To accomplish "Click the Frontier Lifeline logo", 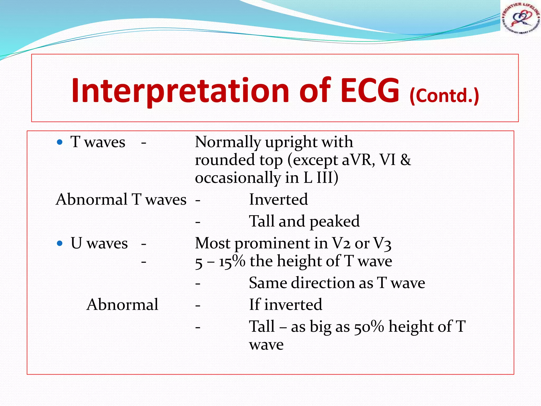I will pos(520,18).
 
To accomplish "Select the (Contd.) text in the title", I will pos(444,96).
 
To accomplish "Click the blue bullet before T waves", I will pos(60,142).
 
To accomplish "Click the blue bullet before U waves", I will pos(60,243).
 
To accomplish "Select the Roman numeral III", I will pos(324,178).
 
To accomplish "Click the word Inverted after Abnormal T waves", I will pos(278,199).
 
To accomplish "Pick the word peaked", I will pos(334,222).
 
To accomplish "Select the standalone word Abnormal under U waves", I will pos(122,305).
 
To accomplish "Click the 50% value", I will pos(369,327).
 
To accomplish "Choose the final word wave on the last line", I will pos(266,345).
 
